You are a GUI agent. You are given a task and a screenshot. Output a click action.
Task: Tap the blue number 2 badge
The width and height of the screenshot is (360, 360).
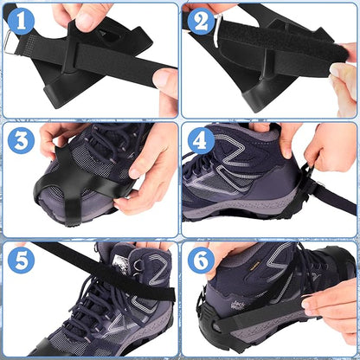[x=201, y=20]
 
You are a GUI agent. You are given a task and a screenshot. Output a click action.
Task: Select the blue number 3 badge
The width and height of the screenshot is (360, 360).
[x=21, y=140]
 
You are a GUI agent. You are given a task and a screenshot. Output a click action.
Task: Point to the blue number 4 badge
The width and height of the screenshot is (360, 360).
[x=201, y=140]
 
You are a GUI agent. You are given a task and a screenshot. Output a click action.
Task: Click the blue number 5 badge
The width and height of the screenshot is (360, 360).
[x=21, y=260]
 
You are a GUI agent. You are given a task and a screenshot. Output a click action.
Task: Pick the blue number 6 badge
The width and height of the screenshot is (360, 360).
[x=201, y=260]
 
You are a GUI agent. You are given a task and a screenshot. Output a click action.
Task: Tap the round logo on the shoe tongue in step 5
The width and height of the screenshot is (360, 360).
[x=119, y=262]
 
